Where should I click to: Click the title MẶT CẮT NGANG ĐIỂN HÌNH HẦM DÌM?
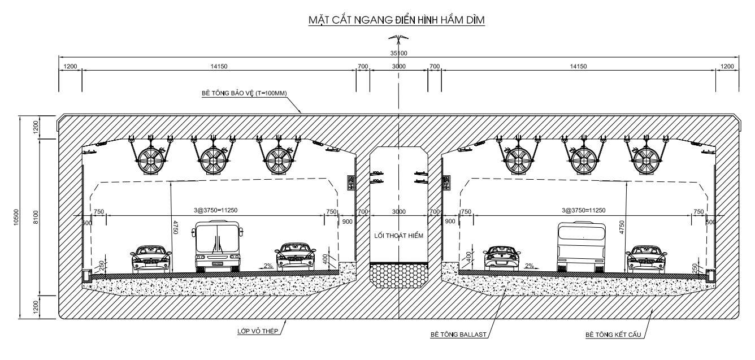(397, 20)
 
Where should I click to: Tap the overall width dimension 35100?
(398, 53)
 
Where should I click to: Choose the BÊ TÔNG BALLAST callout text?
(458, 335)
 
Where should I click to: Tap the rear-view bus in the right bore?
(581, 247)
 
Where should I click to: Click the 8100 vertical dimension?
(36, 217)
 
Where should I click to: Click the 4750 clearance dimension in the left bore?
(175, 226)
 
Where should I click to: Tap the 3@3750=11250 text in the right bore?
(583, 210)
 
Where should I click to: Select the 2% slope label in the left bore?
(268, 265)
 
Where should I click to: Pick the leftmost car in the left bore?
(150, 259)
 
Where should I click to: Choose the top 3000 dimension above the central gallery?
(398, 67)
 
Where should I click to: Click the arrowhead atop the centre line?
(398, 38)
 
